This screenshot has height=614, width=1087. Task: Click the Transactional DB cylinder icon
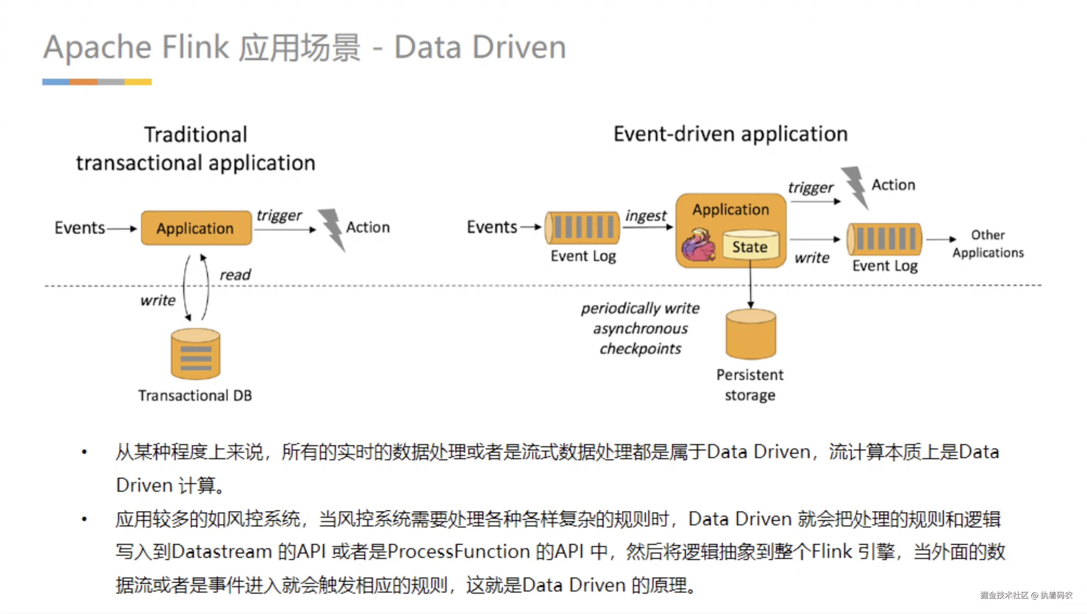pos(195,354)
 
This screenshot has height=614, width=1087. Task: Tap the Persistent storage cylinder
pos(751,334)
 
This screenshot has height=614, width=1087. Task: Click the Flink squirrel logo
pos(698,245)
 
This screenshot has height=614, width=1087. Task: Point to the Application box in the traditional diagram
pos(196,228)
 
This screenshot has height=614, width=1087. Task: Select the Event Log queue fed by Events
pos(582,228)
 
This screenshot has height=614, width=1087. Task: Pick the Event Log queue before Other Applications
pos(885,239)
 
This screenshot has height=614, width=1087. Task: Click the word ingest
pos(646,216)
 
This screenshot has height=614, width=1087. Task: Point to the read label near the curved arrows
pos(235,275)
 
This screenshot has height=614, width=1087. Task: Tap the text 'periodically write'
pos(640,309)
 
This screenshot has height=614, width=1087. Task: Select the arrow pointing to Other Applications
pos(941,239)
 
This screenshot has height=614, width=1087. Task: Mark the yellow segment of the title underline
pos(138,82)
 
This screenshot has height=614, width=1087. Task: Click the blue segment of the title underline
pos(56,82)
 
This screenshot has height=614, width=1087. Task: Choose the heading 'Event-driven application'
pos(731,134)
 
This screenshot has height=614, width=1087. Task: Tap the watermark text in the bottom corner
pos(1026,595)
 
